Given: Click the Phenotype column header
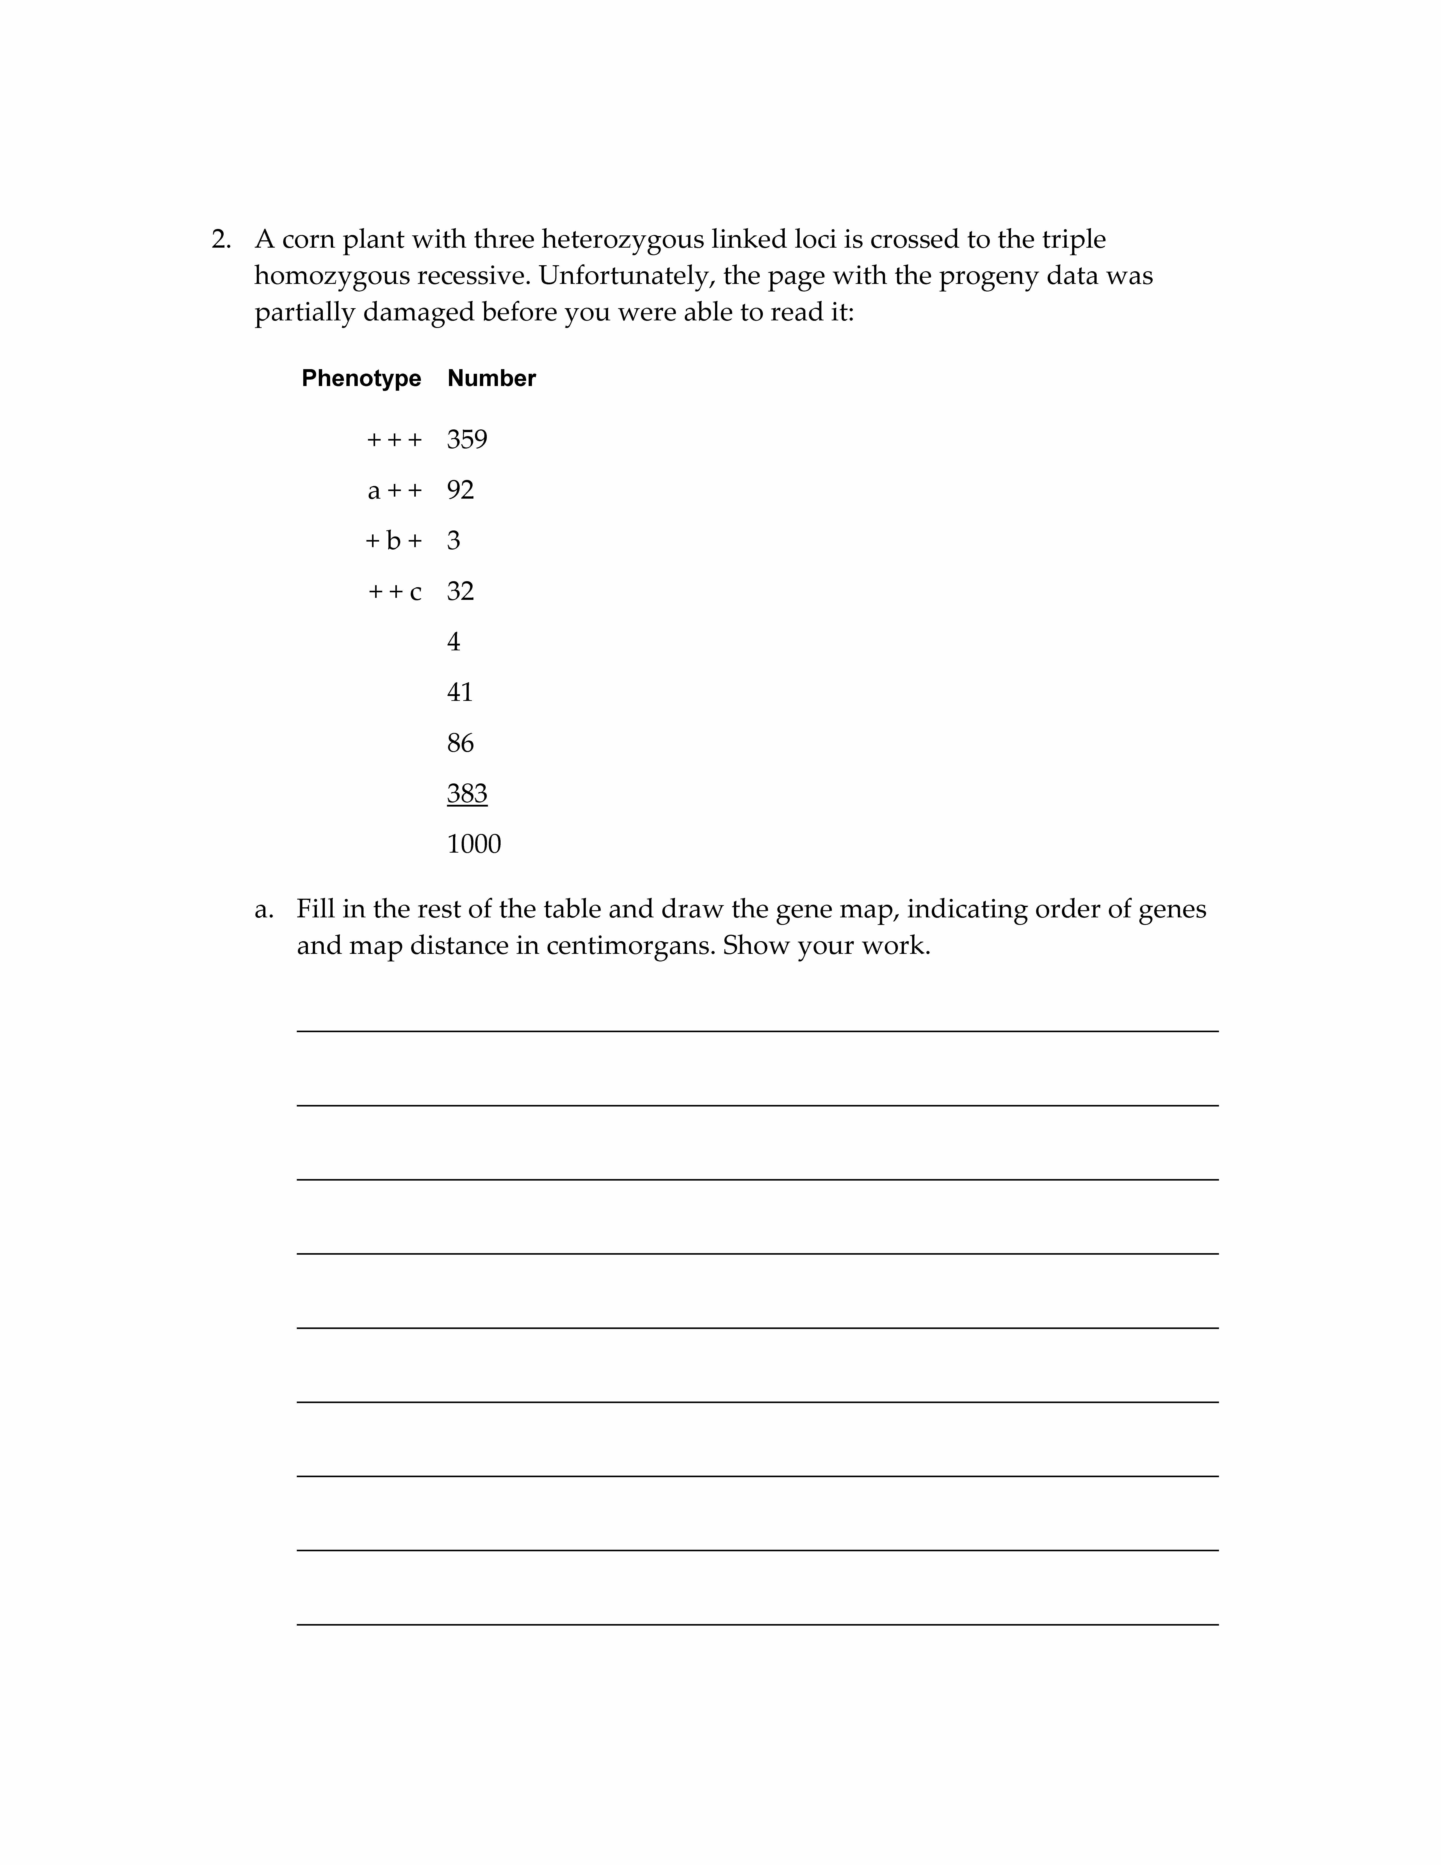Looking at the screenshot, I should coord(361,378).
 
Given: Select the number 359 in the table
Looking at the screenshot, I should coord(467,440).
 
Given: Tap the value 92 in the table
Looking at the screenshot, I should coord(460,490).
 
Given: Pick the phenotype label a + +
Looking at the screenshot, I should coord(394,490).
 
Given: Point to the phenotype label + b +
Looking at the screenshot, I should coord(394,540).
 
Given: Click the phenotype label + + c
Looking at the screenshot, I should coord(394,591).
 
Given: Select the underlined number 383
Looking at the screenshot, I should coord(467,793).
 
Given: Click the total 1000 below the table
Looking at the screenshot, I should coord(474,844).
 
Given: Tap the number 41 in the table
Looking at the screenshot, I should coord(459,692).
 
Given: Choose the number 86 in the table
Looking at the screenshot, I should coord(460,743).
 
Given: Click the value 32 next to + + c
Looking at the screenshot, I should coord(460,591).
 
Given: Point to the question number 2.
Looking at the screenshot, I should coord(221,240).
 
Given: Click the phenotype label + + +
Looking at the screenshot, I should coord(394,440).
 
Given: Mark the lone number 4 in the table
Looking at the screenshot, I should coord(453,641).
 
